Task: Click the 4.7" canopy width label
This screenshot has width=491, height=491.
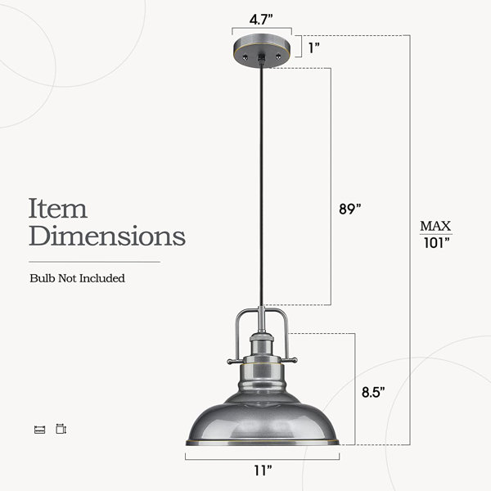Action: [x=261, y=20]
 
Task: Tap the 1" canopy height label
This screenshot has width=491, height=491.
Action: [x=314, y=47]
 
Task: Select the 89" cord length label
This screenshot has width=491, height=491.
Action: [x=350, y=209]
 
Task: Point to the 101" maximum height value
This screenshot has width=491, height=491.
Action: [x=436, y=243]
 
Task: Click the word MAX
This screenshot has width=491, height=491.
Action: [x=435, y=226]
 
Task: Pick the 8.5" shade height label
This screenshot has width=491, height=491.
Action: [x=373, y=392]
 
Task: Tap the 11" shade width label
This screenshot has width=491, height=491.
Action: [x=263, y=470]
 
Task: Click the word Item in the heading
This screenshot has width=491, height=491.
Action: [x=58, y=208]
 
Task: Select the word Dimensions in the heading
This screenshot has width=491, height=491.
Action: [x=107, y=235]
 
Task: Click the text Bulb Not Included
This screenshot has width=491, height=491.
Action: [x=78, y=278]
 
